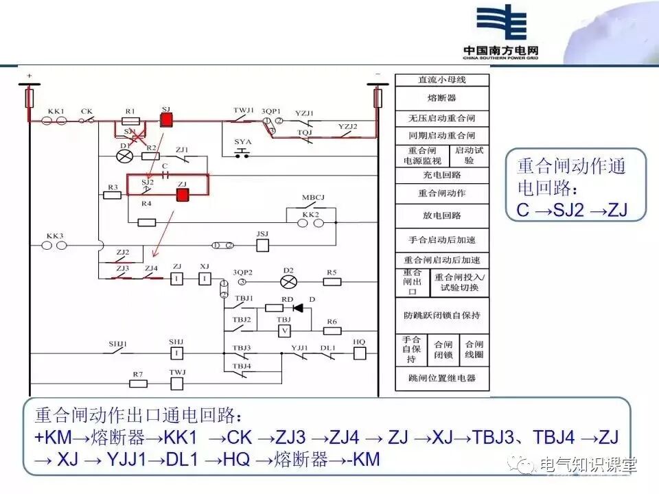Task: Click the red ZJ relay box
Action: tap(183, 196)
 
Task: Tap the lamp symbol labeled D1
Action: tap(125, 156)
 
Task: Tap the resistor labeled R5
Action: tap(332, 280)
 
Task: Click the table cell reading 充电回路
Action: tap(442, 175)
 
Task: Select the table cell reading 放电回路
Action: tap(442, 215)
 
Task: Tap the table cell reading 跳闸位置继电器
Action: tap(442, 378)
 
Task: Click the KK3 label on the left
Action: tap(55, 235)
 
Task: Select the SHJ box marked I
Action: tap(177, 353)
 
